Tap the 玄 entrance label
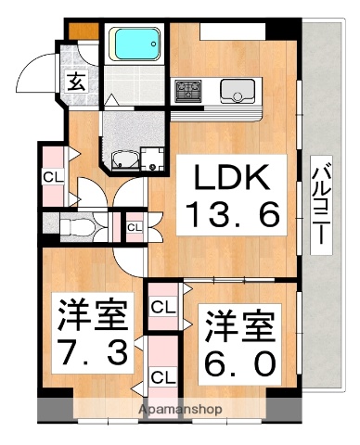tap(75, 83)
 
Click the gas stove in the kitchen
tap(190, 91)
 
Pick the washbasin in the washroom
tap(124, 159)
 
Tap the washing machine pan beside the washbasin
tap(153, 157)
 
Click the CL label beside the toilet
tap(135, 226)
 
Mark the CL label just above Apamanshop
tap(163, 377)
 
